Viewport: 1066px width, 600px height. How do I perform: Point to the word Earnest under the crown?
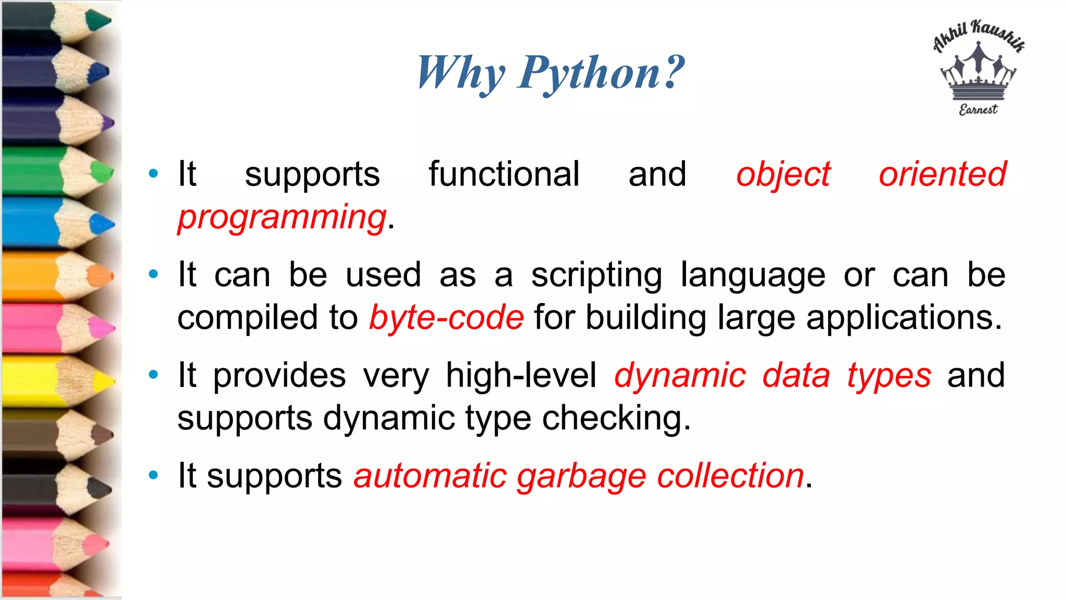point(978,109)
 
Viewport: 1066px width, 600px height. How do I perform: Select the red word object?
point(783,174)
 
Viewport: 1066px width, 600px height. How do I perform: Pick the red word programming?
point(282,217)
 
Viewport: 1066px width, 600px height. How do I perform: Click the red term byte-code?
point(446,317)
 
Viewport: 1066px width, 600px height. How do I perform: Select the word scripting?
point(597,276)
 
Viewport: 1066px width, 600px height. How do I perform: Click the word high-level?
point(521,375)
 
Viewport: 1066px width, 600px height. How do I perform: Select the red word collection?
point(730,476)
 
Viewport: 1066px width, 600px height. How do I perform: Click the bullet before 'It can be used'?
point(153,274)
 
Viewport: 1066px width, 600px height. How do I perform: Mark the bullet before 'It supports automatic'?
point(153,474)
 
